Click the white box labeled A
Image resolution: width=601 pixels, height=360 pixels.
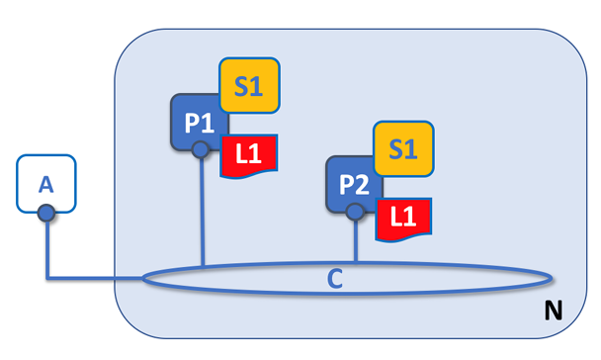point(46,183)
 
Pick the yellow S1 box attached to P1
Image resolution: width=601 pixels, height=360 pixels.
point(249,85)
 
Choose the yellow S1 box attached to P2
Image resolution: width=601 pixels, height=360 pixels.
point(403,148)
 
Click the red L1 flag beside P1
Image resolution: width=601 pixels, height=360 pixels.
point(249,155)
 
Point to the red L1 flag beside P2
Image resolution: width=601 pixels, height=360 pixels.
point(403,220)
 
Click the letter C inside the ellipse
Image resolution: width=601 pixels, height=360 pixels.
point(335,279)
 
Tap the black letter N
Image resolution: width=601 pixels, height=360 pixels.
point(554,311)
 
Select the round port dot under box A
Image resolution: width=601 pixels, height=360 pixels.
point(46,213)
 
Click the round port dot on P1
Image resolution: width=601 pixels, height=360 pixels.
point(201,149)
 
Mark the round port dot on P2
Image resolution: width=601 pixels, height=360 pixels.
point(355,212)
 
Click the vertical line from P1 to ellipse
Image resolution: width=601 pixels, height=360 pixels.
point(202,212)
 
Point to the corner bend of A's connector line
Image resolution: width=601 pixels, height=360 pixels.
point(47,277)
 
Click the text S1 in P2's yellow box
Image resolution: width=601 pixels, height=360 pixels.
point(403,148)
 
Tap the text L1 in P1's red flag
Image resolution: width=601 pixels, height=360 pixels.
point(249,153)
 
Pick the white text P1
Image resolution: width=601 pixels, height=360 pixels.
point(200,123)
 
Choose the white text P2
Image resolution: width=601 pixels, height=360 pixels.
point(354,185)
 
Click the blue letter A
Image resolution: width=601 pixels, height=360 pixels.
point(46,184)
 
